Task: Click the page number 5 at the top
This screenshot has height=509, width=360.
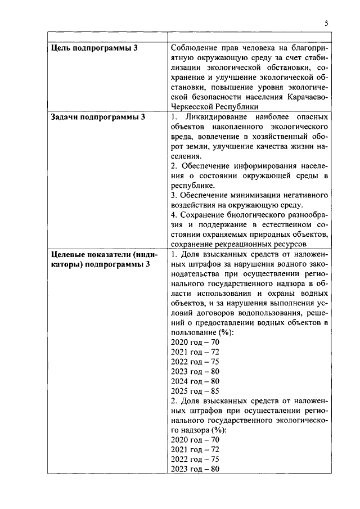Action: (x=326, y=23)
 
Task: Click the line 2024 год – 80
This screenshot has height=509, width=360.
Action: (x=195, y=380)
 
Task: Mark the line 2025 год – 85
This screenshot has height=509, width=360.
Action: (x=195, y=390)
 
